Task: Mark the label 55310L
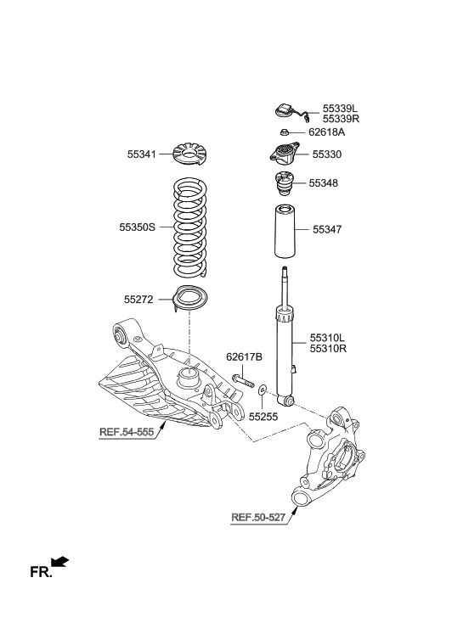329,337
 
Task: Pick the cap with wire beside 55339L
285,111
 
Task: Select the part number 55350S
138,227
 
